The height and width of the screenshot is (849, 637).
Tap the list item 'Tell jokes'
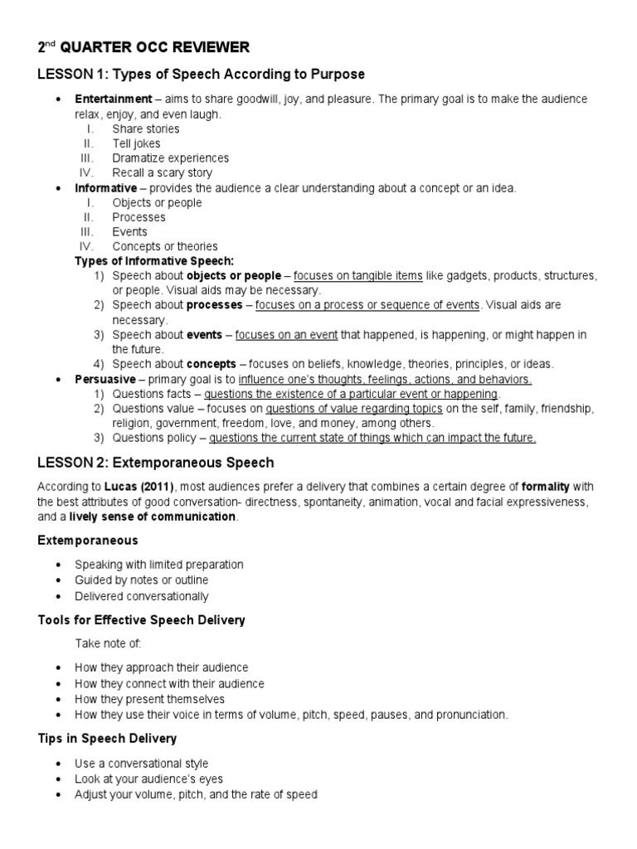136,143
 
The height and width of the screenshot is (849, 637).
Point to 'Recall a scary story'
162,173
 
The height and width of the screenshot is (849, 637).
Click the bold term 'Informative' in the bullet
105,188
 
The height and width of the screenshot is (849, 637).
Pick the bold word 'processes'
214,305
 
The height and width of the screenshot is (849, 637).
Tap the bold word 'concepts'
212,364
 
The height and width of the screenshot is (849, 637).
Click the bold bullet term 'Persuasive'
105,379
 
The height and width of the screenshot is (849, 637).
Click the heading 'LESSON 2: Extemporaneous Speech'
155,462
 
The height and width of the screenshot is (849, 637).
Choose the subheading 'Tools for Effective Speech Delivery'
141,620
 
